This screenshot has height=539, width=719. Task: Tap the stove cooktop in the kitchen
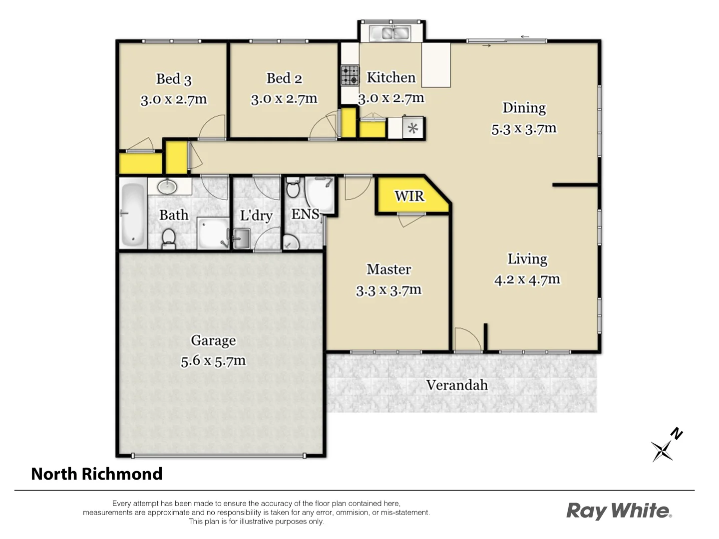(x=350, y=75)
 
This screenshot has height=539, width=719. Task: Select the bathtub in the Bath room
(x=133, y=214)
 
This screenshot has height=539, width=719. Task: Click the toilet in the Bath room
(x=169, y=238)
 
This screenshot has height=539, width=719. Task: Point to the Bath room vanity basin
(x=167, y=187)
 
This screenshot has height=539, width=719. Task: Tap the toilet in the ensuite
(x=293, y=188)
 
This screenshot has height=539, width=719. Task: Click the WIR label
(x=409, y=196)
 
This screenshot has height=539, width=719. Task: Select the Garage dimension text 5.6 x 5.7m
(x=213, y=361)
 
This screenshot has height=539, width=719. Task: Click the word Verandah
(x=456, y=385)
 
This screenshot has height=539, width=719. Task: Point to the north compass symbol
(x=665, y=446)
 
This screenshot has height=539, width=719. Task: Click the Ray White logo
(x=619, y=511)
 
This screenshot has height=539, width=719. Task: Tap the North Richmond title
(x=97, y=474)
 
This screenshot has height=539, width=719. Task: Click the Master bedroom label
(x=388, y=269)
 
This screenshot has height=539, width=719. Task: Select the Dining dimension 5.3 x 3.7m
(x=524, y=129)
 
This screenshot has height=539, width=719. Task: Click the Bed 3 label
(x=173, y=79)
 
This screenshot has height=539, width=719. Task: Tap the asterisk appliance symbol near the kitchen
(x=412, y=128)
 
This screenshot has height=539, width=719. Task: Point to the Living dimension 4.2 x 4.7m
(x=527, y=279)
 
